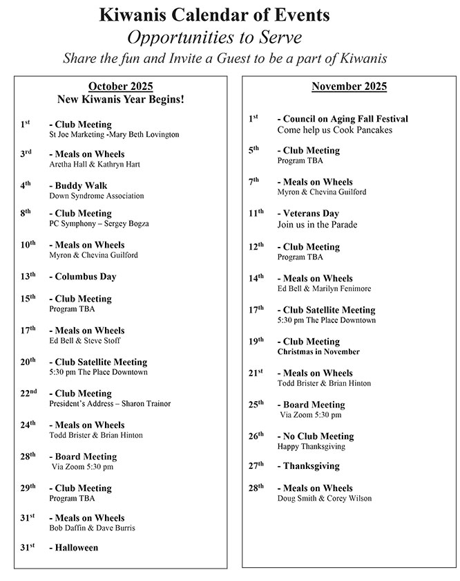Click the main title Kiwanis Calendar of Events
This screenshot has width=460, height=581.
pos(214,15)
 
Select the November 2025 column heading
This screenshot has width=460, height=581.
pos(349,86)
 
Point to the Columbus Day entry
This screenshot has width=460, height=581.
pos(82,277)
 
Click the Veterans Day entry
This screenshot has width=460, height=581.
pos(308,214)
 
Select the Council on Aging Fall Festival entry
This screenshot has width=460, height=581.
pos(343,119)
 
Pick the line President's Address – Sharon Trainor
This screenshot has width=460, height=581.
pos(110,404)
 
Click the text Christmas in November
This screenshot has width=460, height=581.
pos(318,352)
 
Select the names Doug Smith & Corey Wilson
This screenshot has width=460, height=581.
pos(325,499)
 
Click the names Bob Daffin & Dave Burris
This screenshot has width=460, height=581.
pos(92,528)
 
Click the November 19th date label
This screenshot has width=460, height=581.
pos(256,340)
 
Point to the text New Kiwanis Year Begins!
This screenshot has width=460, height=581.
pos(120,100)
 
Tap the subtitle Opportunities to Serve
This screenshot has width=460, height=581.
pos(215,36)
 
